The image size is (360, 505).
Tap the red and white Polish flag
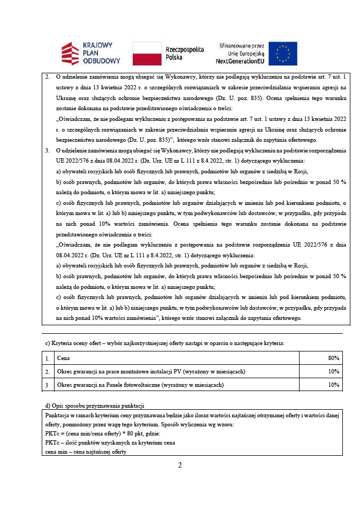coord(147,52)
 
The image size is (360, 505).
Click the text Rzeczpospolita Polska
coord(185,52)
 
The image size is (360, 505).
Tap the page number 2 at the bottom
coord(180,465)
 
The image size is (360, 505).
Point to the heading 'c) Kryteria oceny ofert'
coord(165,342)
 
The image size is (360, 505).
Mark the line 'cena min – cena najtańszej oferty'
coord(88,451)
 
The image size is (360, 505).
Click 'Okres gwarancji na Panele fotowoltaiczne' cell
coord(140,385)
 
